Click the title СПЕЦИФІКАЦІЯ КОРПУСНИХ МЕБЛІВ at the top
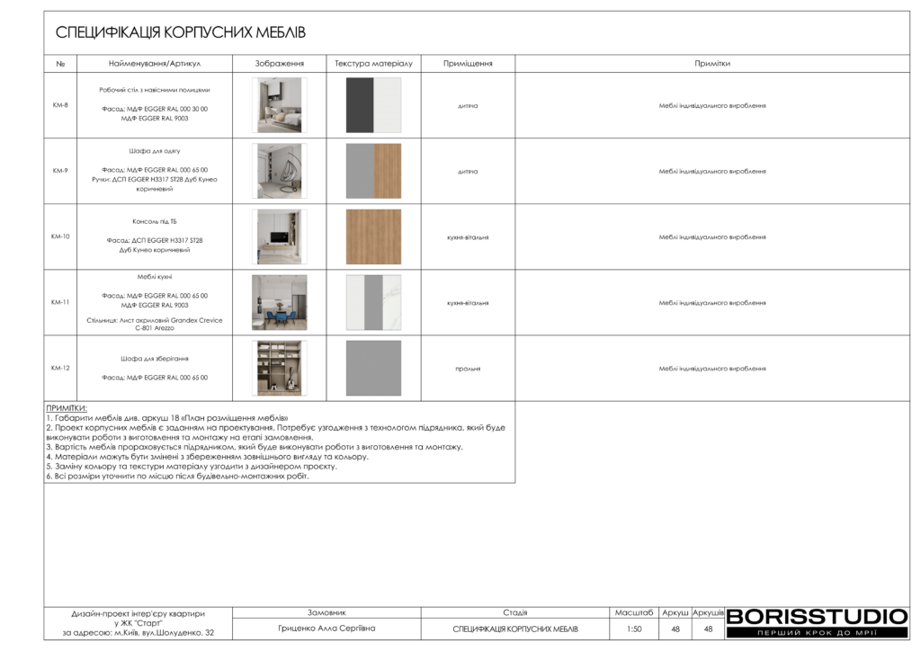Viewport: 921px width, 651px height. pyautogui.click(x=181, y=33)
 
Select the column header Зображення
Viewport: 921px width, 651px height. pyautogui.click(x=279, y=64)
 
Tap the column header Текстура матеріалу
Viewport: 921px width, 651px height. pyautogui.click(x=373, y=64)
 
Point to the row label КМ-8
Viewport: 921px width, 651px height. pyautogui.click(x=60, y=105)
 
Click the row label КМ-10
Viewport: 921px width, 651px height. pyautogui.click(x=60, y=236)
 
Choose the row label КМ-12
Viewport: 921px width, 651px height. pyautogui.click(x=60, y=368)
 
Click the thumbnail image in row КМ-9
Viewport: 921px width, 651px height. pyautogui.click(x=279, y=171)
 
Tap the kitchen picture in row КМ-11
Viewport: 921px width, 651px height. pyautogui.click(x=279, y=302)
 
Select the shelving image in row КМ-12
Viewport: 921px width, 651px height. pyautogui.click(x=279, y=368)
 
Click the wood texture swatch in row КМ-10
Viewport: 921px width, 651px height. pyautogui.click(x=373, y=236)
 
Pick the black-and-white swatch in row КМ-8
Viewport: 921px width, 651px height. pyautogui.click(x=373, y=105)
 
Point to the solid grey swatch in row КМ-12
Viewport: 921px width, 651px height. pyautogui.click(x=373, y=368)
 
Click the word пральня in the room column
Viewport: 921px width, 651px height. pyautogui.click(x=468, y=369)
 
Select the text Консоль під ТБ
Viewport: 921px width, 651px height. pyautogui.click(x=155, y=220)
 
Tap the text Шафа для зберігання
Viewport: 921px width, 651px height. pyautogui.click(x=155, y=358)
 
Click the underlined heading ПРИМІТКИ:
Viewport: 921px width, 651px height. pyautogui.click(x=67, y=408)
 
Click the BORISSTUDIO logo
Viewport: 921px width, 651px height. pyautogui.click(x=817, y=617)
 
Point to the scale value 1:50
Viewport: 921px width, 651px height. pyautogui.click(x=634, y=629)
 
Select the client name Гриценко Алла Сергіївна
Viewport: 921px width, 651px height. pyautogui.click(x=326, y=629)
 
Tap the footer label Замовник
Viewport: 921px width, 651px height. pyautogui.click(x=326, y=611)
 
